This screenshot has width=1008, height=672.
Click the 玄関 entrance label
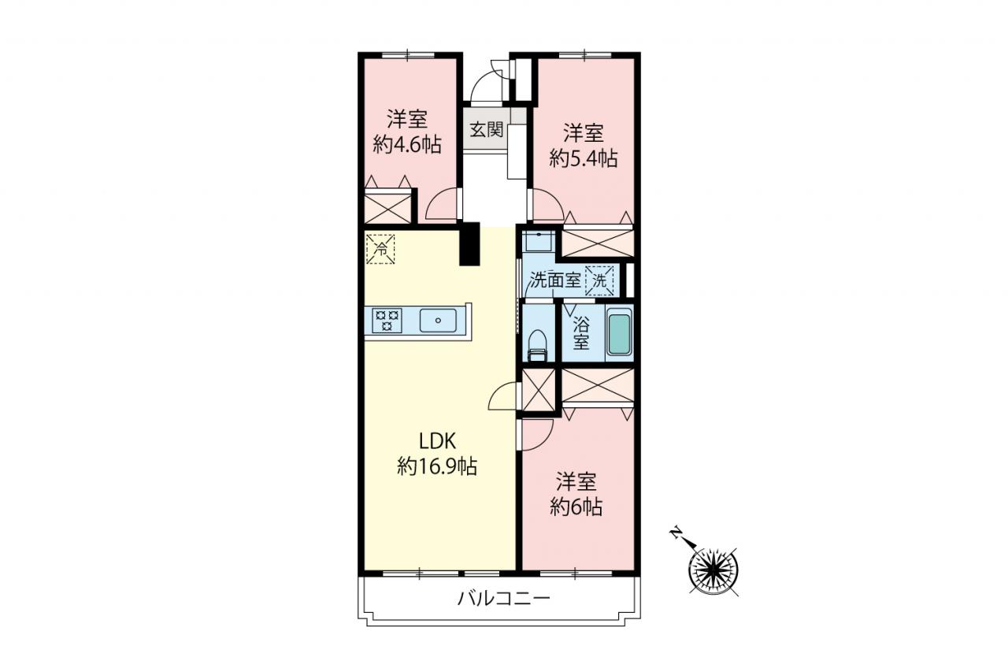coord(487,130)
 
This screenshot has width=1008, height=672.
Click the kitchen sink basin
coord(438,321)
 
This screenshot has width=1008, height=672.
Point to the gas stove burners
coord(387,321)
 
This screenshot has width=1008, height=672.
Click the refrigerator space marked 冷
coord(380,249)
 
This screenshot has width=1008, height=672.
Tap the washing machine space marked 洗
coord(599,281)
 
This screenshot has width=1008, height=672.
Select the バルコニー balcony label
coord(504,599)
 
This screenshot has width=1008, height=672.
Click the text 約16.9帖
coord(437,466)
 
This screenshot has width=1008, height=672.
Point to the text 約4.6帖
coord(407,144)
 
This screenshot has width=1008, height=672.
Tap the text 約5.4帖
coord(584,158)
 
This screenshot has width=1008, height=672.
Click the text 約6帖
coord(576,507)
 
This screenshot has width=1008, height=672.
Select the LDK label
coord(437,441)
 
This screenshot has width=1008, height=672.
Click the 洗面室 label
coord(554,280)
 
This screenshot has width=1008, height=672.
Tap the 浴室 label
coord(581,333)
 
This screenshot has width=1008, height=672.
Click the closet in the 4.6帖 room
coord(387,207)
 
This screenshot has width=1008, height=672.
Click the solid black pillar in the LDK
coord(470,243)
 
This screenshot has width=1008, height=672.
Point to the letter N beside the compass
coord(676,533)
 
